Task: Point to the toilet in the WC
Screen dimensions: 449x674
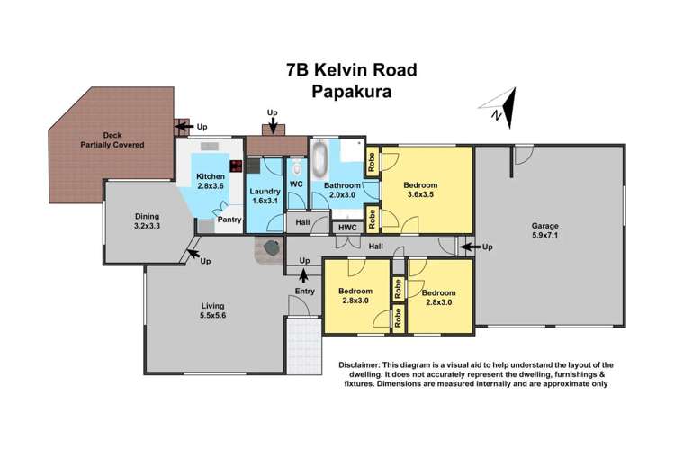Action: (296, 168)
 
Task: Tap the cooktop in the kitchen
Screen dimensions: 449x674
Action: (237, 166)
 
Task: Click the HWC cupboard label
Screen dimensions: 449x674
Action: (348, 228)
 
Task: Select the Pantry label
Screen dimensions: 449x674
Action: (229, 219)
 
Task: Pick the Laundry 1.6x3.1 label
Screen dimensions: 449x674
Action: (265, 196)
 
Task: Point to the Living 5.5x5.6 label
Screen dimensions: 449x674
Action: (213, 311)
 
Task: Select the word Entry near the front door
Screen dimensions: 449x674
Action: (304, 292)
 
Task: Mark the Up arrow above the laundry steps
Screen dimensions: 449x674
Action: (273, 113)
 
